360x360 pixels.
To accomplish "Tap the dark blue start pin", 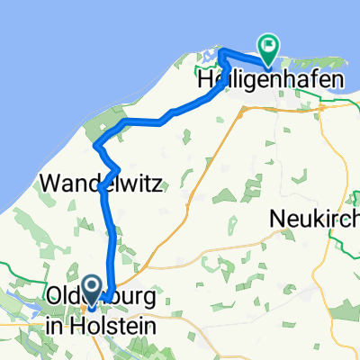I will pyautogui.click(x=94, y=286).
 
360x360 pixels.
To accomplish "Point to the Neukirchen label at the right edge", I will pyautogui.click(x=316, y=218).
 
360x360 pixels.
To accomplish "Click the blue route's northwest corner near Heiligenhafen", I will pyautogui.click(x=220, y=52).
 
